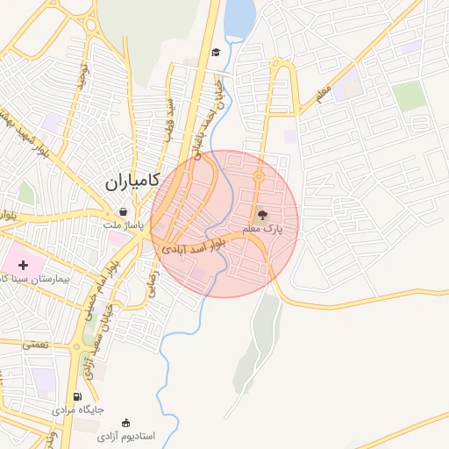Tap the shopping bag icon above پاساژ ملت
(x=124, y=211)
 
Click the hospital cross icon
(x=24, y=264)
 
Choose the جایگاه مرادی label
(x=77, y=410)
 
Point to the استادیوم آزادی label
(x=125, y=436)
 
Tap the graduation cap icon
(x=215, y=53)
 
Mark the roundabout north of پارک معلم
(x=258, y=179)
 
